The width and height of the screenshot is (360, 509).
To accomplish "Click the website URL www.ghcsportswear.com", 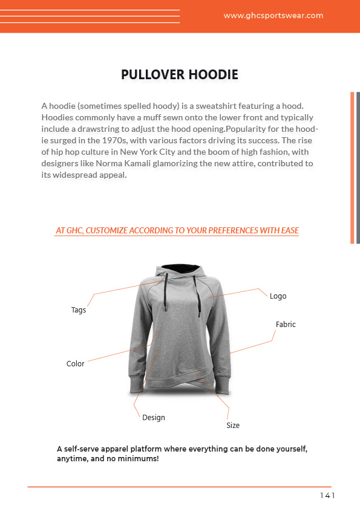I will (273, 16).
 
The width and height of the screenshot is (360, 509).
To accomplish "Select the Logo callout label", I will (278, 296).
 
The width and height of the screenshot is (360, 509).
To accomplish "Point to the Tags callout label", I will (79, 310).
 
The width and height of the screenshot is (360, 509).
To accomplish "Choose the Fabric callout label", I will (286, 325).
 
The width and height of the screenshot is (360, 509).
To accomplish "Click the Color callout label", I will (76, 364).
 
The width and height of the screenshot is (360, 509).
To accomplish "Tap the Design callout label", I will (154, 418).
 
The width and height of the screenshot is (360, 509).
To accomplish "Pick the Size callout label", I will (233, 426).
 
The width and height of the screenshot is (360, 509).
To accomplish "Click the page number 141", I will (327, 496).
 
